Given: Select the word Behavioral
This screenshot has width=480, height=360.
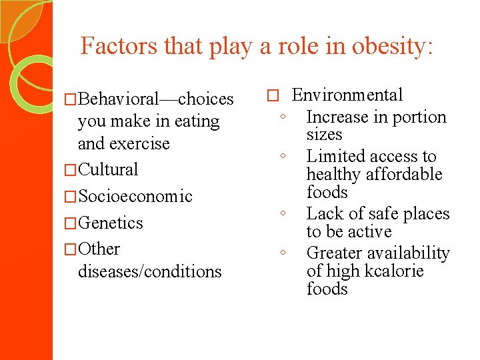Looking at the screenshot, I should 117,99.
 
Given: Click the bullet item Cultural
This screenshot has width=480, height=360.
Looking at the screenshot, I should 108,169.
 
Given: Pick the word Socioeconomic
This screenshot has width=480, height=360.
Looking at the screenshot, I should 135,196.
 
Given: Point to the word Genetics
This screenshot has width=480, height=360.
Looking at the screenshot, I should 110,223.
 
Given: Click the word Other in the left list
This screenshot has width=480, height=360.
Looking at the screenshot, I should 99,249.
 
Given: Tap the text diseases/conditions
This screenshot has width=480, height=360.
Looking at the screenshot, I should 149,271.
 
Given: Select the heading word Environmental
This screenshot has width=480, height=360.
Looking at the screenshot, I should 347,95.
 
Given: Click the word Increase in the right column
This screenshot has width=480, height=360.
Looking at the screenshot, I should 337,117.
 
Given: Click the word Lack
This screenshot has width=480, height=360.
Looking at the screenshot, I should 324,214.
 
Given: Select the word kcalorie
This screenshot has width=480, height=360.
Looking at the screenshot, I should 393,271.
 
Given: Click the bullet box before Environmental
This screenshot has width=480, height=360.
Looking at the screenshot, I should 271,96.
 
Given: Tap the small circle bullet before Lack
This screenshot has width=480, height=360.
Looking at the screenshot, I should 283,215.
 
